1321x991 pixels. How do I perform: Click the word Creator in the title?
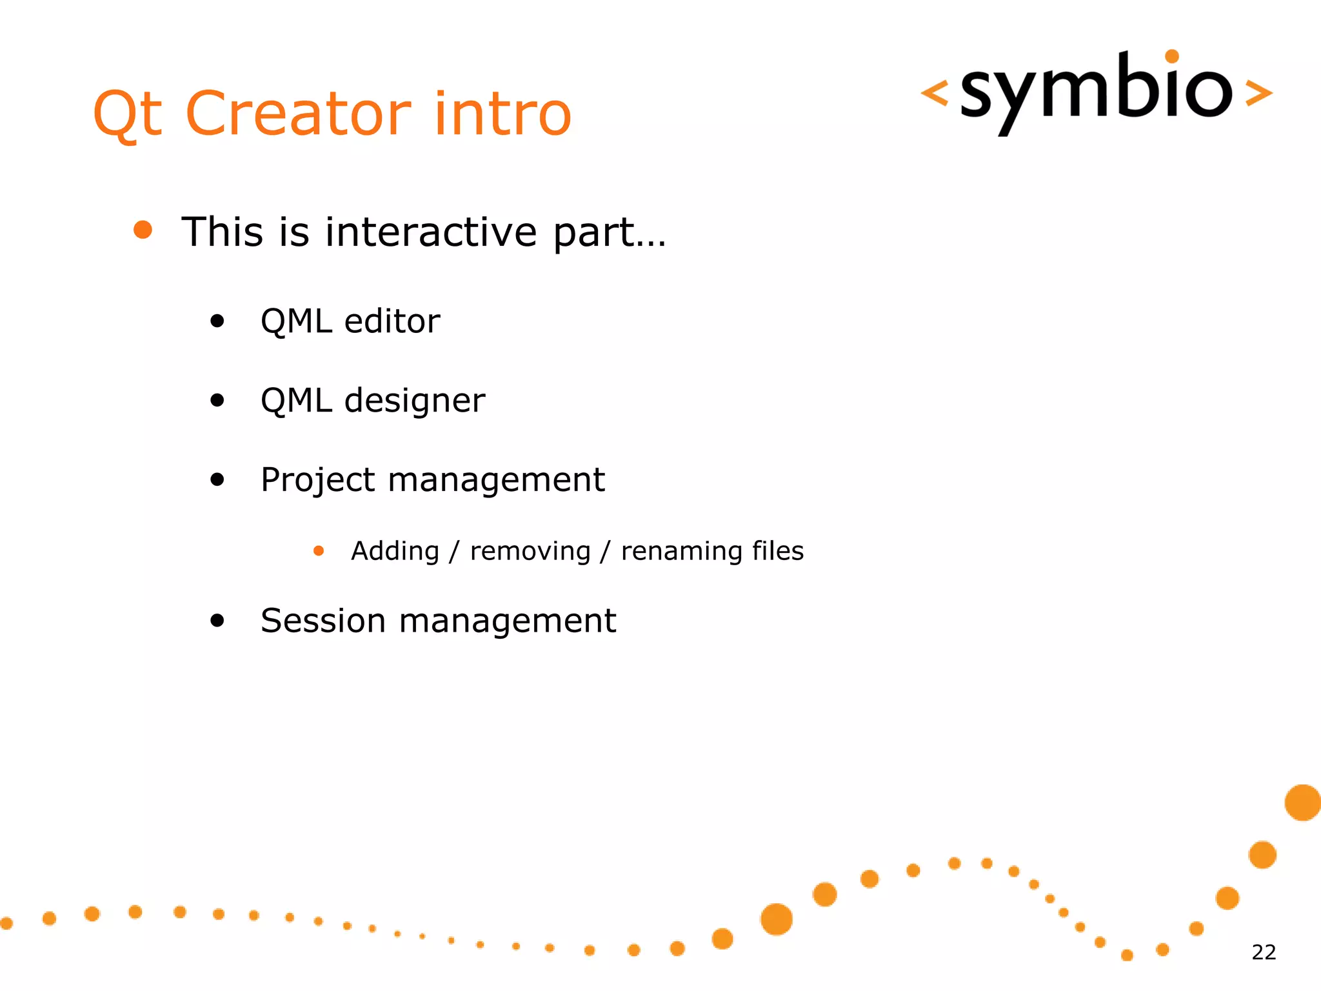click(298, 114)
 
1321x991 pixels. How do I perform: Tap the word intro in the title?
click(502, 114)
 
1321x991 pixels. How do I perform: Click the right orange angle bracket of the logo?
click(1258, 93)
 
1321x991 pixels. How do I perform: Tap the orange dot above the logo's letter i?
click(1172, 57)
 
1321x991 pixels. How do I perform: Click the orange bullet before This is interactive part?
click(143, 230)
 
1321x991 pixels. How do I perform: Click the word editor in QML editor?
click(392, 321)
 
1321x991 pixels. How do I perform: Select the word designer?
click(414, 401)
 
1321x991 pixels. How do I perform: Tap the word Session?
click(323, 621)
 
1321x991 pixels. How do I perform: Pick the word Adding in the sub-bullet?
click(395, 552)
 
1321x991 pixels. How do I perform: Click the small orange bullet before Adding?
click(319, 551)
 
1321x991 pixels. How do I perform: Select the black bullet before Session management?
click(217, 621)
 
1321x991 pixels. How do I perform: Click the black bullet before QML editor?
click(217, 321)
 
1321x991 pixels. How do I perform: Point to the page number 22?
click(1264, 952)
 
